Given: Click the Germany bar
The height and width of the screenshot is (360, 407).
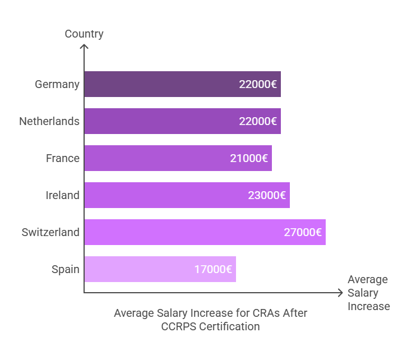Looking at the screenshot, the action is (x=182, y=84).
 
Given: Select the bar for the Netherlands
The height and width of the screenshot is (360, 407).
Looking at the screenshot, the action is (x=182, y=121).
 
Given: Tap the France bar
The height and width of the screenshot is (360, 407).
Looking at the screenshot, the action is (x=178, y=158).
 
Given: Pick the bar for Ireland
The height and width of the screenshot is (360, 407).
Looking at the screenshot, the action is (x=187, y=195).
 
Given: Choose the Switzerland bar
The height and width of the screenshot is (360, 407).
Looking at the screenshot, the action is (x=205, y=232).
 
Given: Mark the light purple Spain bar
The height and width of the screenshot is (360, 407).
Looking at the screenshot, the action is (x=160, y=269).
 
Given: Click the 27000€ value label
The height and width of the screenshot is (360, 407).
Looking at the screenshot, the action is (x=303, y=232).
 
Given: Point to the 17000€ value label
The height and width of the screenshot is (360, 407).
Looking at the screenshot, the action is (x=213, y=269).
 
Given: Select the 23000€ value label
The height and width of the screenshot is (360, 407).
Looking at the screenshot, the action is (x=267, y=196).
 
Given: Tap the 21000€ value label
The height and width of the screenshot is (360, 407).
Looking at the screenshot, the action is (x=249, y=158).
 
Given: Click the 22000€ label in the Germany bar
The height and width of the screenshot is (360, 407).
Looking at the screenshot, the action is (x=258, y=84).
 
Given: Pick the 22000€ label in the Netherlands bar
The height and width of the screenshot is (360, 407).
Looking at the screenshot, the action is (x=258, y=122).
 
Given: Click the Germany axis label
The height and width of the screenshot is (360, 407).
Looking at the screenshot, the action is (x=57, y=85).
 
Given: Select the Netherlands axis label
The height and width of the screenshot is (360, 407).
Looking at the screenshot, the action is (x=49, y=121).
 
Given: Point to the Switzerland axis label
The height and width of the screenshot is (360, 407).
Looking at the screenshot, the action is (x=50, y=232).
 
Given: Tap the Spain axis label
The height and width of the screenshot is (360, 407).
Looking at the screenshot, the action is (x=66, y=270).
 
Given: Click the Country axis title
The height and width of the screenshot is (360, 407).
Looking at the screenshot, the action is (x=84, y=34).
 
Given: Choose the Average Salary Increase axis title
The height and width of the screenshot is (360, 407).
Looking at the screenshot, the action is (x=368, y=293).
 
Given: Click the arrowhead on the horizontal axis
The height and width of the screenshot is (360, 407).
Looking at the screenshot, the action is (x=340, y=293).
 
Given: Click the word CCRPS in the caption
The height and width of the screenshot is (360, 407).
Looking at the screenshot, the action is (x=179, y=326).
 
